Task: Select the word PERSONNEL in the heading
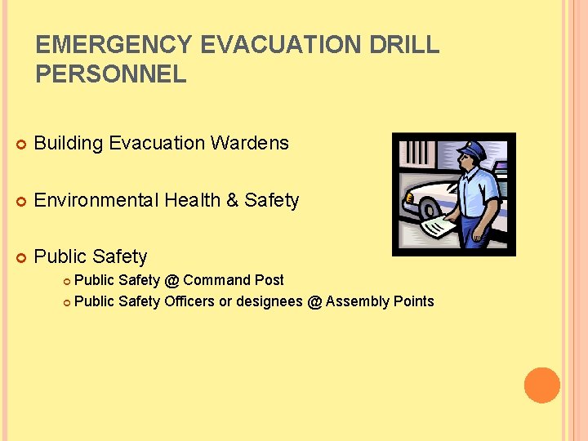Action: point(111,75)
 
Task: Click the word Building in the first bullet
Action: point(69,143)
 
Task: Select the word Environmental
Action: point(96,200)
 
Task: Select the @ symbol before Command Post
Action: point(171,280)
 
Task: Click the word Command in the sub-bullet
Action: point(215,280)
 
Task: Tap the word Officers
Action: point(189,301)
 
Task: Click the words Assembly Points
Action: point(380,301)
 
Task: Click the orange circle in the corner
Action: point(542,385)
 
